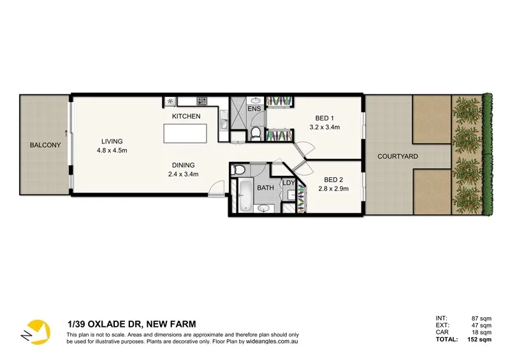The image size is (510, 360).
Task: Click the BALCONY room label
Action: point(45,145)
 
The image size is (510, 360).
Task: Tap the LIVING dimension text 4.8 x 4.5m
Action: point(112,151)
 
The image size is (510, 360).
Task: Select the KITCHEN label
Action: point(186,117)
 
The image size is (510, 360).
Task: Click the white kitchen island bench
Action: point(186,134)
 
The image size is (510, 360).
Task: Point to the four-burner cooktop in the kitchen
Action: point(202,101)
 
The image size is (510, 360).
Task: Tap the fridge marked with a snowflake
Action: point(171,101)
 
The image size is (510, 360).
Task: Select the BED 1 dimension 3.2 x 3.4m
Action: point(324,127)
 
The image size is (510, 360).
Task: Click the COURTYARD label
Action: point(397,156)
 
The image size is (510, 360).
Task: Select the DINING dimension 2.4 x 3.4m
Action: point(184,174)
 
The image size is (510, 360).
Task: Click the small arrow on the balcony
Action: point(66,133)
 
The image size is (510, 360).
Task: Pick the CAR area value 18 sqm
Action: point(481,332)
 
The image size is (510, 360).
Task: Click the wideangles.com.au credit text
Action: point(272,342)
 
